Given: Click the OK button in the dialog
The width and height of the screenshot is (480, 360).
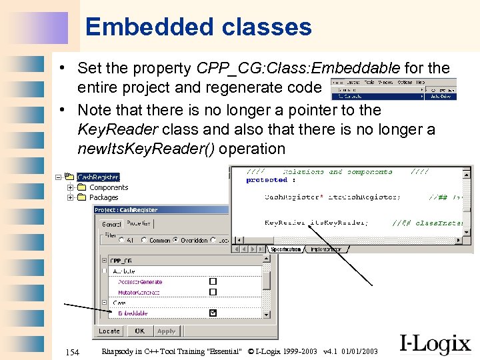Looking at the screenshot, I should point(139,331).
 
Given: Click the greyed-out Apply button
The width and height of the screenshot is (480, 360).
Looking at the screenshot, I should point(166,331).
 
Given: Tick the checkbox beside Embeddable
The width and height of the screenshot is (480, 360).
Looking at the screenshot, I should point(213,313).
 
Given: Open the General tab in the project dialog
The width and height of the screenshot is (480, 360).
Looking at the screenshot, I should point(111,224).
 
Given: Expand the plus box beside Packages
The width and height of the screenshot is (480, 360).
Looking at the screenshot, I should point(70,197).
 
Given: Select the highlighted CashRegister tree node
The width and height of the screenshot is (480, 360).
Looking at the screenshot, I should point(98,177).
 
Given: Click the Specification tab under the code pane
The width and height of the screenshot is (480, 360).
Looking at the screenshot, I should point(285,249).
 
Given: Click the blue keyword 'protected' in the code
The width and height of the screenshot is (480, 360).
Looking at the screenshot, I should point(266,180).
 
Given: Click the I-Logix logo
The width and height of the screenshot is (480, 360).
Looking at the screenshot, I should point(435,344).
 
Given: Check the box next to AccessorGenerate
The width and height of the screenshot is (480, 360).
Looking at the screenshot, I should point(213,282).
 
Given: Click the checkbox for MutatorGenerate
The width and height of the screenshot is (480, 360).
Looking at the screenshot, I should point(213,292).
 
